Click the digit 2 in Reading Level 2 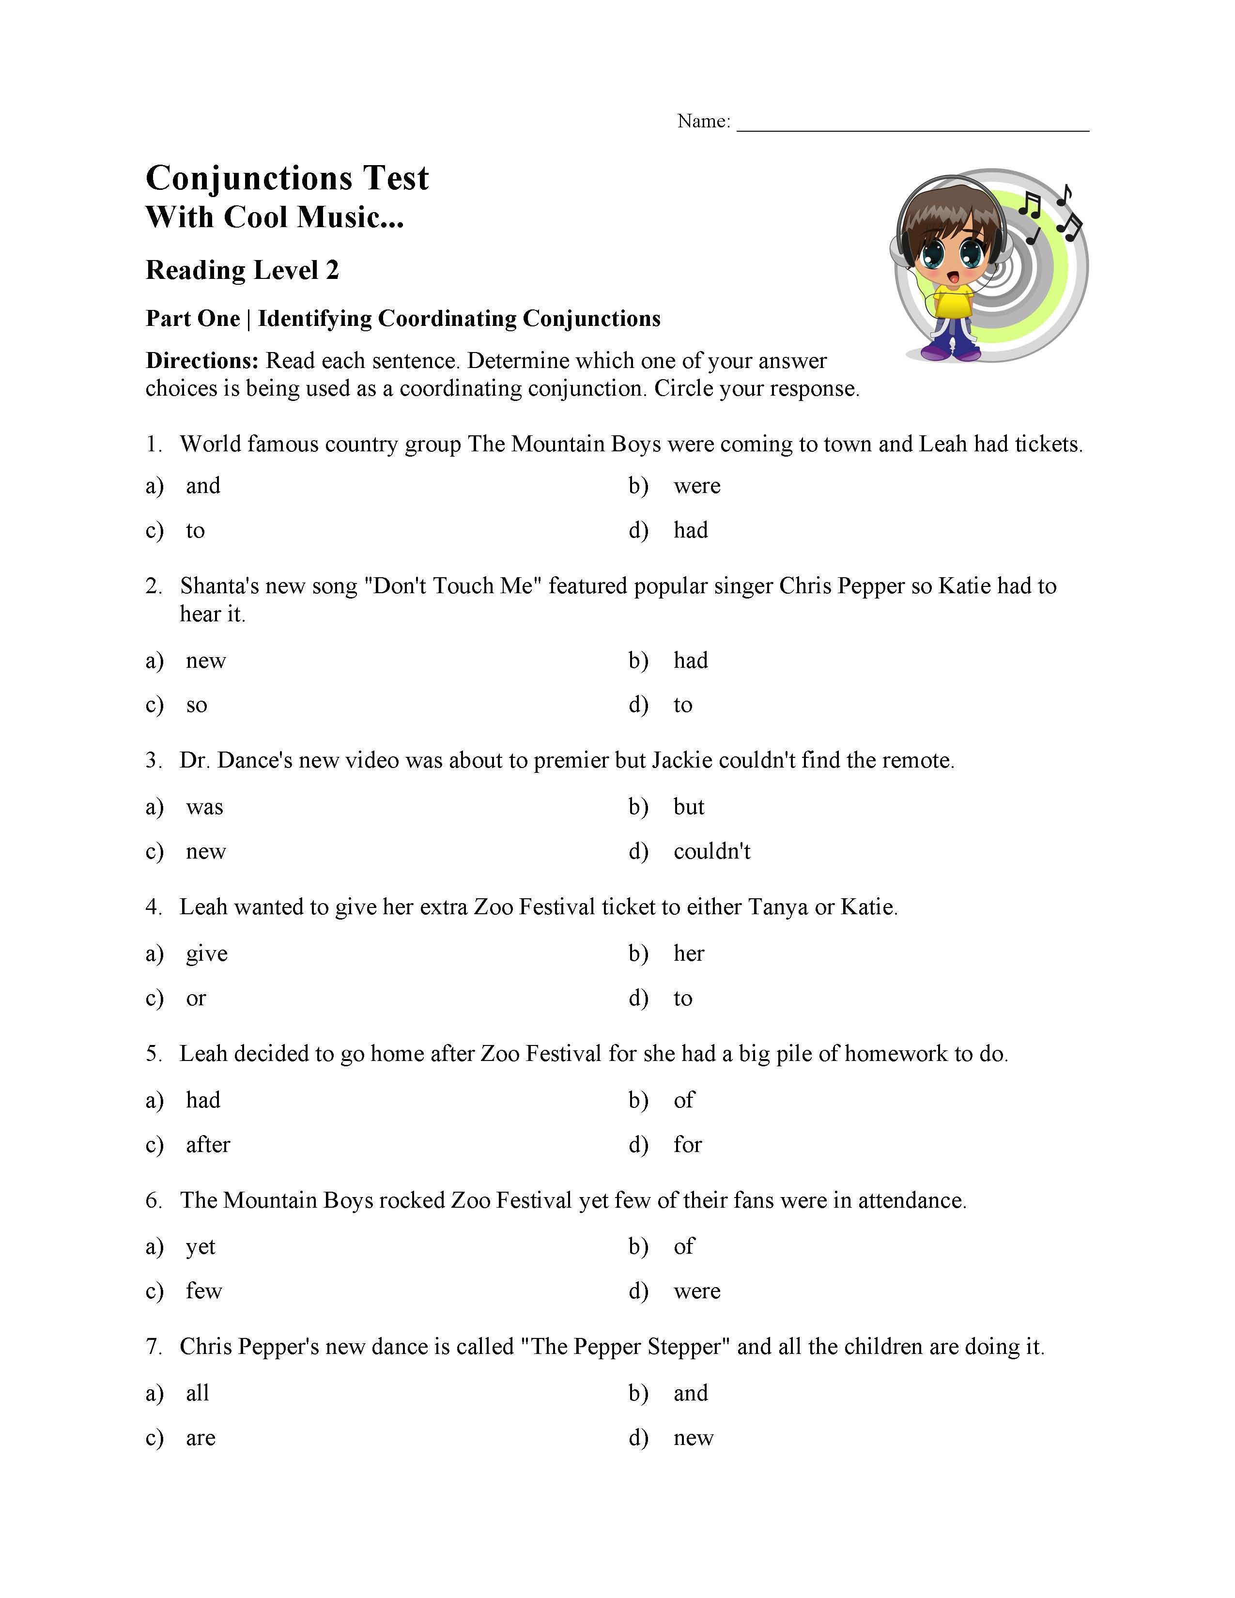point(332,271)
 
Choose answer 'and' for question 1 point(202,486)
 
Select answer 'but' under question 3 point(689,807)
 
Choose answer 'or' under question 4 point(195,999)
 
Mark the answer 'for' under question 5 point(687,1145)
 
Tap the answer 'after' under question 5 point(208,1145)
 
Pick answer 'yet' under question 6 point(201,1247)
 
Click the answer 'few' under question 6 point(203,1291)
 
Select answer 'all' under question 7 point(198,1393)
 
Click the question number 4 point(152,907)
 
